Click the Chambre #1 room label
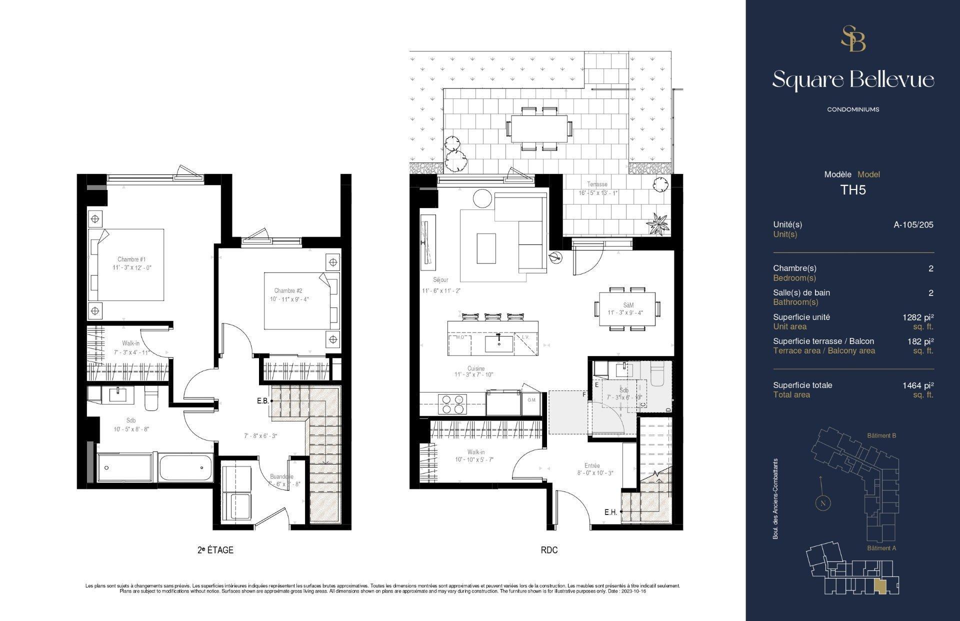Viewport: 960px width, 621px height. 131,259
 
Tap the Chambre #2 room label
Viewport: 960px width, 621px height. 288,290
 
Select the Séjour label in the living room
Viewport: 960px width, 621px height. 441,280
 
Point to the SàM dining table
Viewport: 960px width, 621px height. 627,308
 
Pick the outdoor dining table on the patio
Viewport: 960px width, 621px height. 539,128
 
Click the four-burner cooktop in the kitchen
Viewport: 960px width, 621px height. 452,404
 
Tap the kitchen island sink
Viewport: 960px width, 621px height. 499,343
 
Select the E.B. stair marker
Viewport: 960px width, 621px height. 263,400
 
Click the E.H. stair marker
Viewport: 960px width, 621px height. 610,512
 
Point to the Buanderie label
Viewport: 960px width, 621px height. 281,476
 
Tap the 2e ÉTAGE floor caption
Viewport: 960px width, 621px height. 215,550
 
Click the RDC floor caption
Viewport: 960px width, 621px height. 549,550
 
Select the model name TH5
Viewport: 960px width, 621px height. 852,190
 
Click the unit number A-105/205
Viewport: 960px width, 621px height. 913,224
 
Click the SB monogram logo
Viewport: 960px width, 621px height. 853,39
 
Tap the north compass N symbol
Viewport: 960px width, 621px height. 822,503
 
